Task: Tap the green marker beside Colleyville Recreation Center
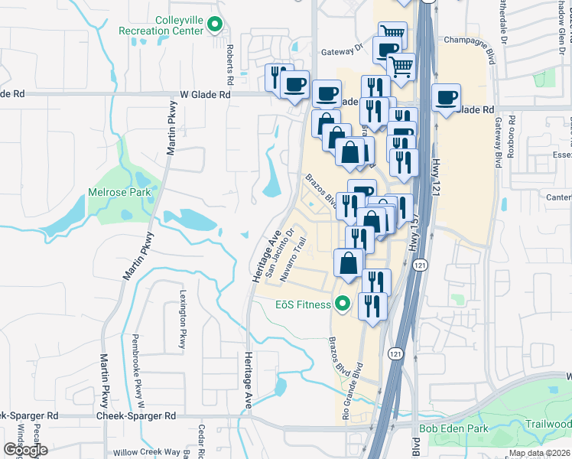tap(216, 25)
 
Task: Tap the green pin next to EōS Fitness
tap(343, 304)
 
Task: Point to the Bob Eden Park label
tap(454, 429)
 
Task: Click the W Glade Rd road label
tap(205, 94)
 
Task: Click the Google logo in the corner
tap(25, 450)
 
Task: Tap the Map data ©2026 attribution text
tap(538, 453)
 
